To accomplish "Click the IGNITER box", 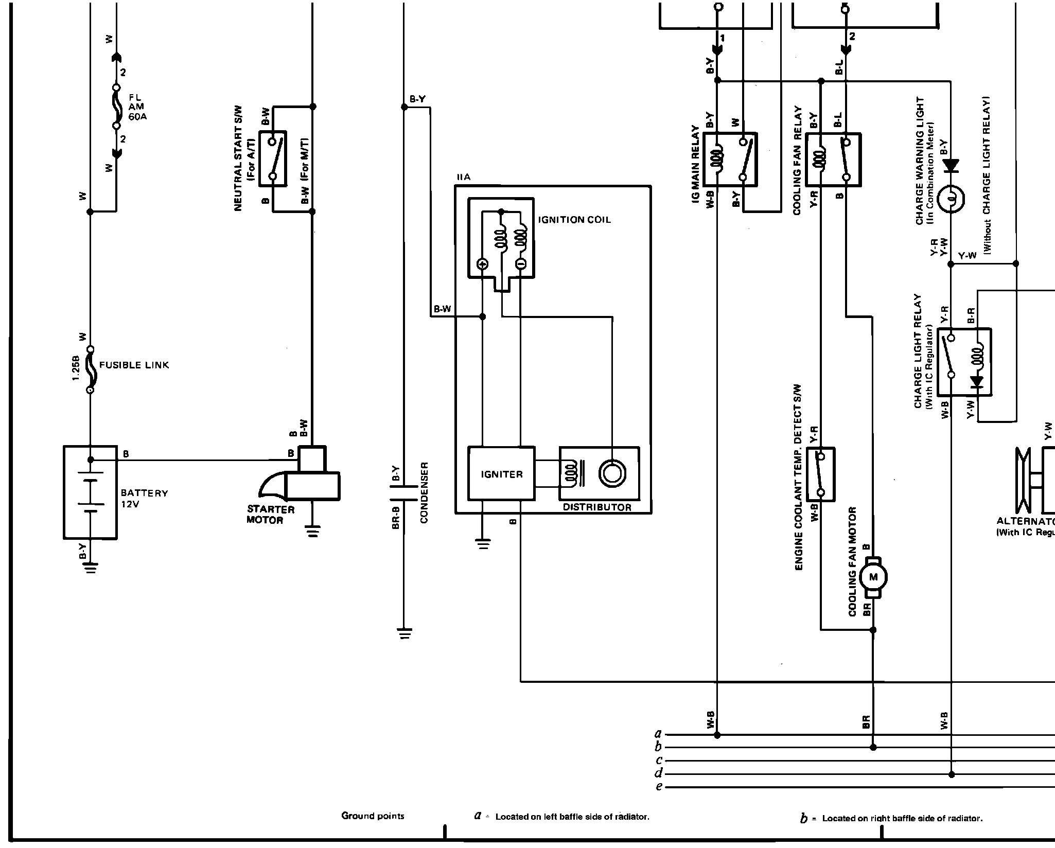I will click(x=501, y=474).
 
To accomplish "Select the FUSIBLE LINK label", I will click(x=134, y=365).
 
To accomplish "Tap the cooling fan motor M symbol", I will click(x=873, y=577).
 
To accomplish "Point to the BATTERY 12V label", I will click(x=144, y=498).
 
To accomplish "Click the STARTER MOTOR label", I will click(x=270, y=515).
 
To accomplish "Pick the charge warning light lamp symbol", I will click(x=951, y=198).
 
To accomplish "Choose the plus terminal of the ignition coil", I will click(x=482, y=264).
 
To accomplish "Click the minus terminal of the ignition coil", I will click(x=520, y=264).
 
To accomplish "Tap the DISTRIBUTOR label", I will click(x=597, y=507).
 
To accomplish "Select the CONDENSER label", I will click(x=424, y=492).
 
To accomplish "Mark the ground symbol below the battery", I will click(x=91, y=568).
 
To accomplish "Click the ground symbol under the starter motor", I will click(x=312, y=531).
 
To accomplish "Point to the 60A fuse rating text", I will click(x=137, y=117).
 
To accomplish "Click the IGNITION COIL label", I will click(x=574, y=220).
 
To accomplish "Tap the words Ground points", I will click(x=373, y=816).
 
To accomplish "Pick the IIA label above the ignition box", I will click(x=463, y=178).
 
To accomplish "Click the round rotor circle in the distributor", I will click(x=612, y=473).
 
